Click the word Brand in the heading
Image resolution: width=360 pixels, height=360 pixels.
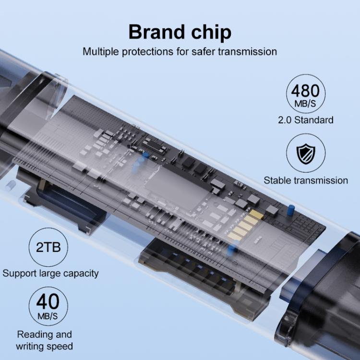pyautogui.click(x=156, y=32)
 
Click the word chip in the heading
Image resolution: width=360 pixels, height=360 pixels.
pyautogui.click(x=211, y=33)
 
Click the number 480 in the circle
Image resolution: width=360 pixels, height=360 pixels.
pyautogui.click(x=305, y=91)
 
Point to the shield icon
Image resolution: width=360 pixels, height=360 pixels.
pyautogui.click(x=306, y=153)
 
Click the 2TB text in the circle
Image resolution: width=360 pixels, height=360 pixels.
pyautogui.click(x=48, y=247)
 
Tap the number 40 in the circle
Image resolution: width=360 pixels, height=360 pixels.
pyautogui.click(x=48, y=302)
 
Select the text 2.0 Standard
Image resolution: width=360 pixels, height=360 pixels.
pyautogui.click(x=306, y=120)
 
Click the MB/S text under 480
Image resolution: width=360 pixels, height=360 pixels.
pyautogui.click(x=305, y=104)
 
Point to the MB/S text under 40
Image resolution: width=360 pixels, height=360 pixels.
pyautogui.click(x=48, y=316)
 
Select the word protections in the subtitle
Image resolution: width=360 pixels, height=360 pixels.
pyautogui.click(x=147, y=52)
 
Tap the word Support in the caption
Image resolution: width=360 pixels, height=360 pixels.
pyautogui.click(x=20, y=274)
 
